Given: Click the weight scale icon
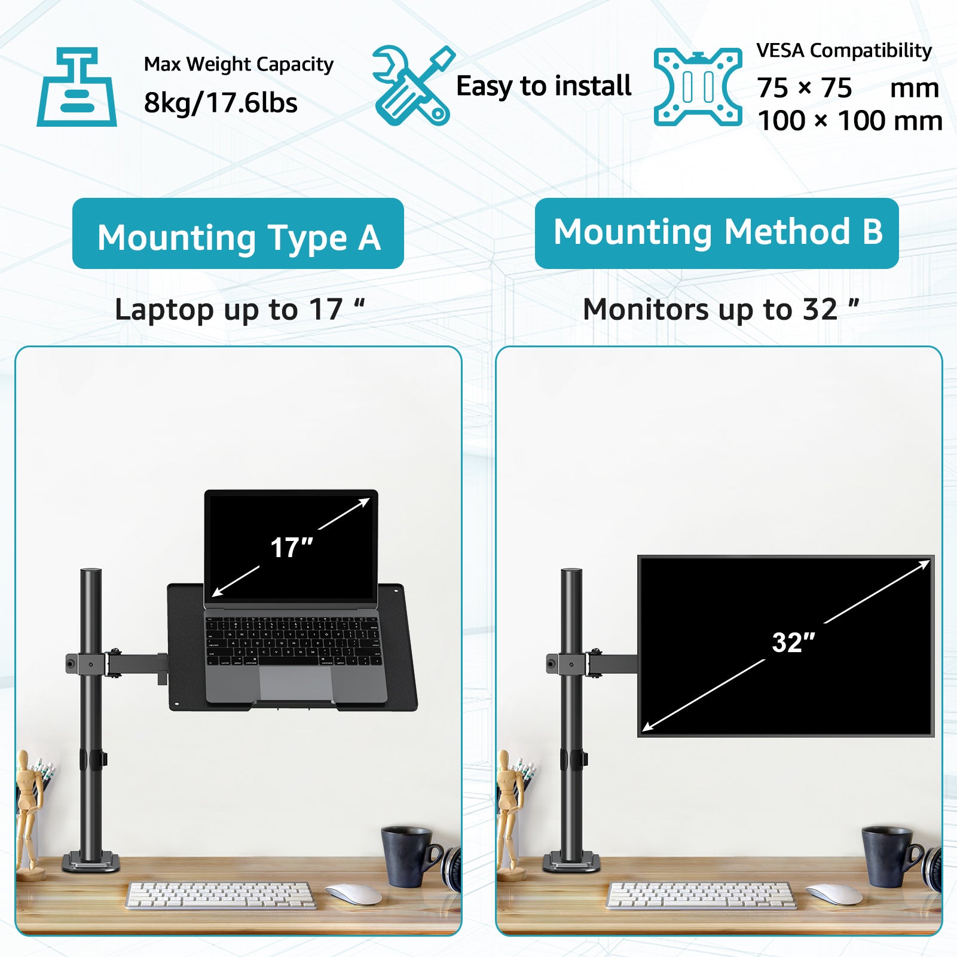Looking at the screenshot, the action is pos(77,87).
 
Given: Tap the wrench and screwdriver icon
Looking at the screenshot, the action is pos(413,85).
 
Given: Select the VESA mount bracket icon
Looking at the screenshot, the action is pos(698,87).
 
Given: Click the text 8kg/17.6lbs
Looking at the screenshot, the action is pos(221,103).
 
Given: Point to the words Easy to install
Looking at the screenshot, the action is pos(543,86).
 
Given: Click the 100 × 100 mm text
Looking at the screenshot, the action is pos(849,121).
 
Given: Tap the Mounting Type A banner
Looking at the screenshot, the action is pos(238,234).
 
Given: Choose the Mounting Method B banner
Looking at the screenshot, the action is pos(717,233).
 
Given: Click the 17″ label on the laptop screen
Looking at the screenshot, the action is pos(291,548).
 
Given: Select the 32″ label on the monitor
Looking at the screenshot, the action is pos(793,643).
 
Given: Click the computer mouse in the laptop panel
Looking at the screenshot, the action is pos(354,894).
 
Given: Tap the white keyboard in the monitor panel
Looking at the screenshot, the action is pos(701,895).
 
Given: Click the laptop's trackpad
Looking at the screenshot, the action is pos(296,683).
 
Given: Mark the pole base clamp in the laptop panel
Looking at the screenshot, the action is pos(91,862).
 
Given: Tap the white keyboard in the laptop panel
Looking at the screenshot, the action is pos(221,895).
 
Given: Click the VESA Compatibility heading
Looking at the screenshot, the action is pos(844,51).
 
